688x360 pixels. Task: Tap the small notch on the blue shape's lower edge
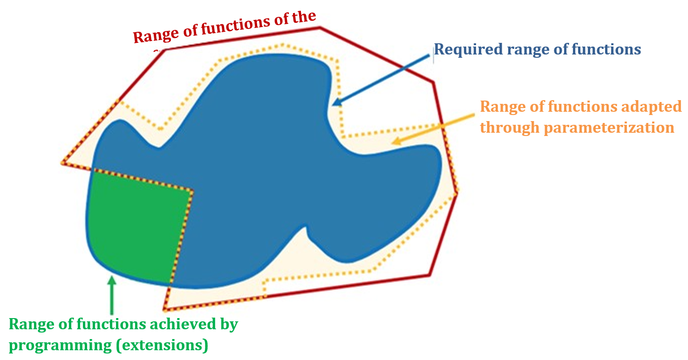tap(307, 228)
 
